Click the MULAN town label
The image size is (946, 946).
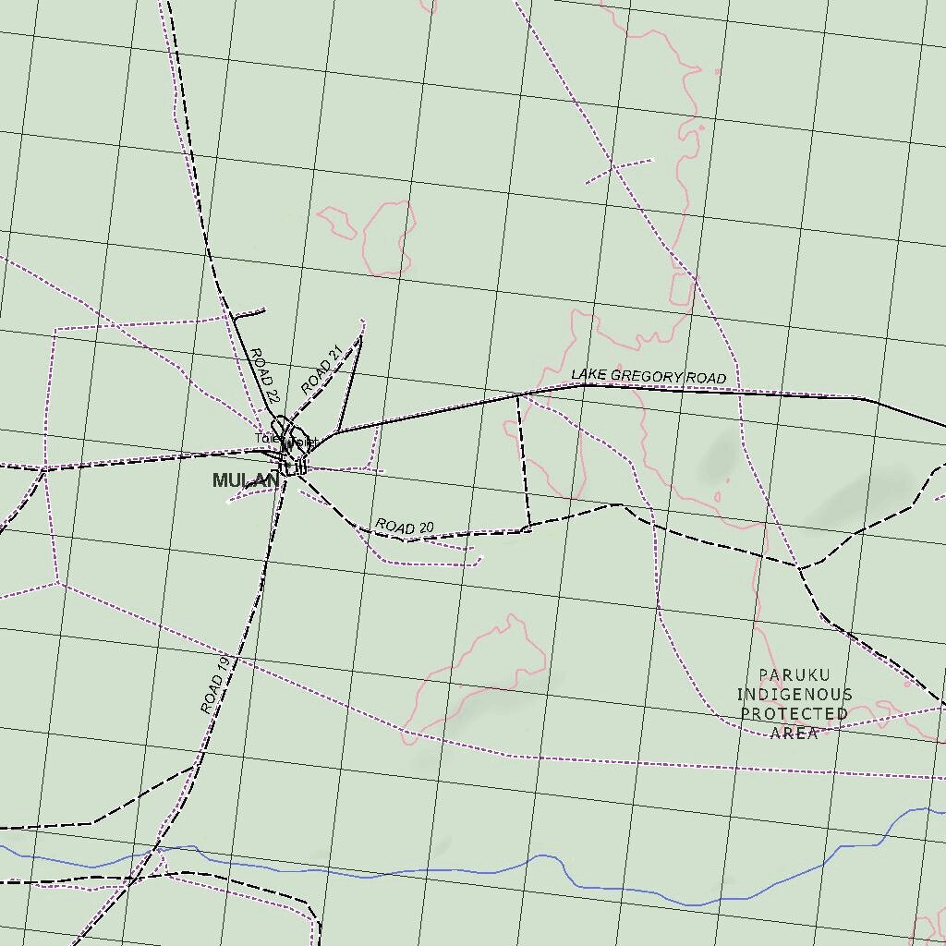coord(245,480)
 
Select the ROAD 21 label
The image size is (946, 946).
coord(321,370)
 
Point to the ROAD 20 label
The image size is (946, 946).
coord(405,527)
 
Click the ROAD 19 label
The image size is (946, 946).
coord(214,685)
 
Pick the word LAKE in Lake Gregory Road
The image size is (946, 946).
coord(588,374)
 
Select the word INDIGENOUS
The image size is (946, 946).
coord(794,695)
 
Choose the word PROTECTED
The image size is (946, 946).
coord(794,714)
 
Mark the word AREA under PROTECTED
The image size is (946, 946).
coord(794,734)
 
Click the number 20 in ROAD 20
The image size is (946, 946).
coord(424,528)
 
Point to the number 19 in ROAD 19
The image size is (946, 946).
coord(222,665)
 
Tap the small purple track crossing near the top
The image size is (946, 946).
coord(613,168)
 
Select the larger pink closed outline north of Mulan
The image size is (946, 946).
coord(389,238)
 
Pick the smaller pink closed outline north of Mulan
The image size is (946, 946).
coord(336,222)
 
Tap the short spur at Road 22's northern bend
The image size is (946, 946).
coord(248,314)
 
